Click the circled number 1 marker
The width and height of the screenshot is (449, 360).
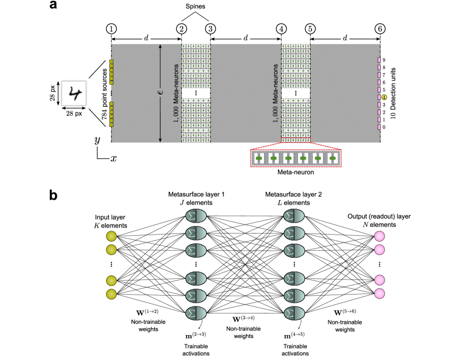pyautogui.click(x=111, y=29)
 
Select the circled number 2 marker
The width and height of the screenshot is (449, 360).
pyautogui.click(x=181, y=29)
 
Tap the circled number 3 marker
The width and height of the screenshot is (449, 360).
pyautogui.click(x=210, y=29)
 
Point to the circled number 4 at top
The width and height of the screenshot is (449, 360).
pyautogui.click(x=281, y=29)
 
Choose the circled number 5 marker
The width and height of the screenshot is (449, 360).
pyautogui.click(x=310, y=29)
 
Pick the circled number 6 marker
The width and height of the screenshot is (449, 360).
pyautogui.click(x=380, y=29)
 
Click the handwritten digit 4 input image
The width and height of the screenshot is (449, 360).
pyautogui.click(x=74, y=94)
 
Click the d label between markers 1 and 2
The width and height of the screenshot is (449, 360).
pyautogui.click(x=146, y=38)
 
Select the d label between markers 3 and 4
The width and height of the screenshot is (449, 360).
pyautogui.click(x=246, y=38)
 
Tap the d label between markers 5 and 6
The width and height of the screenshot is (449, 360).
pyautogui.click(x=345, y=38)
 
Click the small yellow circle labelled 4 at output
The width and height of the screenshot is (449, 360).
pyautogui.click(x=384, y=97)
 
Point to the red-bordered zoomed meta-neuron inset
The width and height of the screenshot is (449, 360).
pyautogui.click(x=296, y=158)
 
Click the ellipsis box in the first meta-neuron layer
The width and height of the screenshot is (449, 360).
pyautogui.click(x=196, y=94)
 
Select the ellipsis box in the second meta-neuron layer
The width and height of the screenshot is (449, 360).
pyautogui.click(x=295, y=94)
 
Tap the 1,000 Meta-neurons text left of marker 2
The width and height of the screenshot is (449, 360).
pyautogui.click(x=176, y=94)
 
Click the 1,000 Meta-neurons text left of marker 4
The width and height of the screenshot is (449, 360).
pyautogui.click(x=275, y=94)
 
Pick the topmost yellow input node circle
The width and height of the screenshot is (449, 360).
pyautogui.click(x=111, y=236)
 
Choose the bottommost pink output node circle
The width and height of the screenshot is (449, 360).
pyautogui.click(x=380, y=294)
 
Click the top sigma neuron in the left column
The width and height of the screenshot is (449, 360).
pyautogui.click(x=196, y=216)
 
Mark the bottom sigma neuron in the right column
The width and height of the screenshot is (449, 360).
pyautogui.click(x=294, y=314)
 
